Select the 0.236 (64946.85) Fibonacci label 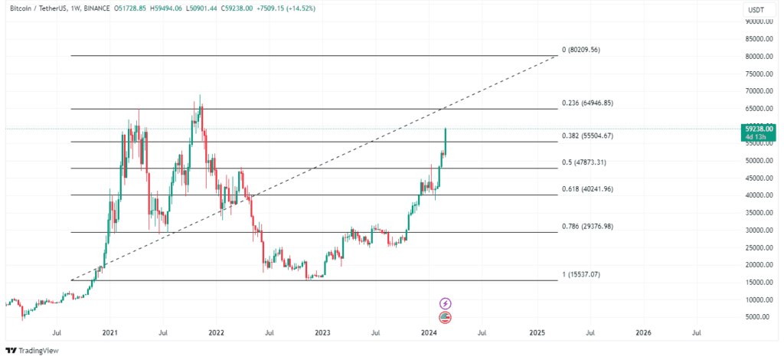pyautogui.click(x=587, y=103)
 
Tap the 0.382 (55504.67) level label pyautogui.click(x=587, y=136)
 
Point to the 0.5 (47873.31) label pyautogui.click(x=584, y=162)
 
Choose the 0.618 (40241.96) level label pyautogui.click(x=587, y=188)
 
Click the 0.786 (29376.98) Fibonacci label pyautogui.click(x=587, y=226)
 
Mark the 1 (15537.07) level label pyautogui.click(x=582, y=274)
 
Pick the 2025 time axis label pyautogui.click(x=536, y=333)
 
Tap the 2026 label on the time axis pyautogui.click(x=643, y=333)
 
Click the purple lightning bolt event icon pyautogui.click(x=445, y=303)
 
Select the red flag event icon pyautogui.click(x=445, y=317)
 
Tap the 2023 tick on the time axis pyautogui.click(x=322, y=333)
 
